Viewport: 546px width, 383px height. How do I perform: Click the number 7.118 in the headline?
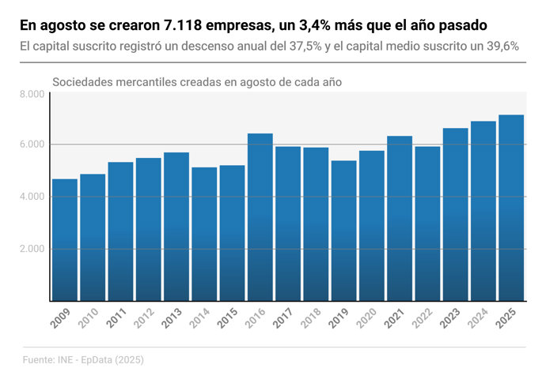(184, 26)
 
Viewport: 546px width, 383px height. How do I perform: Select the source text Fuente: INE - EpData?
(82, 360)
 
